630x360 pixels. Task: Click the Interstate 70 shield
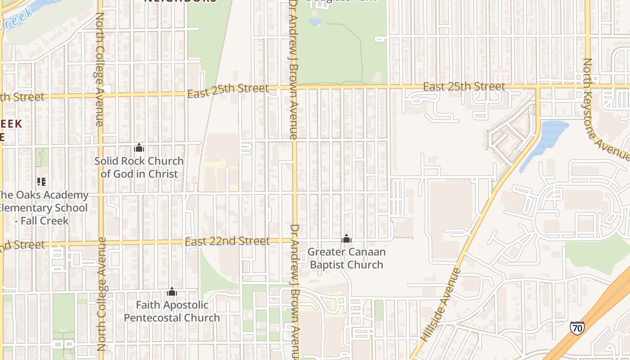(577, 328)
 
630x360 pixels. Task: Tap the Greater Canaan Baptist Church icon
(346, 238)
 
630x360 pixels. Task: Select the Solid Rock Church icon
(139, 148)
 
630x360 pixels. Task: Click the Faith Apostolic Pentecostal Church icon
(172, 292)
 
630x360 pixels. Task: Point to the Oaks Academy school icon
(41, 182)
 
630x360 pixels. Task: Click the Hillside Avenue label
(441, 304)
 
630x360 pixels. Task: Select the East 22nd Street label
(227, 242)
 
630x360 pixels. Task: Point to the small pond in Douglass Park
(315, 21)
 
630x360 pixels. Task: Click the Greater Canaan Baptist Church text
(346, 258)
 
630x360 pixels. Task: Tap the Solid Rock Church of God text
(139, 167)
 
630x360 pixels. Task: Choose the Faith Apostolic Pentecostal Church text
(172, 311)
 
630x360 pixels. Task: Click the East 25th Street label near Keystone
(464, 86)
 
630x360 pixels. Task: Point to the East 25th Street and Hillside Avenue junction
(538, 86)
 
